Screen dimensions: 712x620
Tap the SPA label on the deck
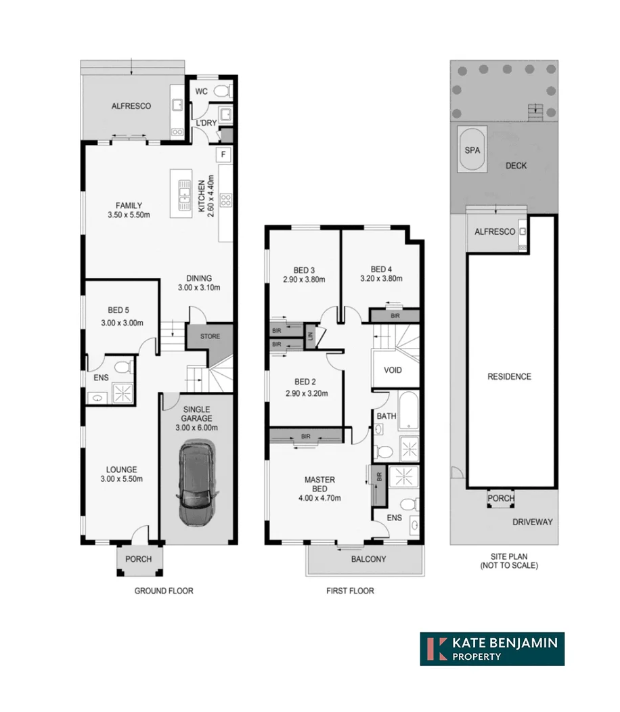point(472,150)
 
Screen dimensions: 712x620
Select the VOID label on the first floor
point(393,370)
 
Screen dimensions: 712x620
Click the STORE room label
point(209,336)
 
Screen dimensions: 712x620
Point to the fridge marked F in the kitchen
point(223,155)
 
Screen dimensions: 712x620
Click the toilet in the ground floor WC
point(222,91)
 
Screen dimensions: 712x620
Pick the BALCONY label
point(368,559)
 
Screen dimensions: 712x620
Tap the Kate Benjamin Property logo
point(492,648)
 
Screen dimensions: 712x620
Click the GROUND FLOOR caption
point(163,591)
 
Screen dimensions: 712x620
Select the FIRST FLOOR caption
point(350,591)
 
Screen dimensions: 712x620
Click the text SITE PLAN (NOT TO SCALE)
point(509,560)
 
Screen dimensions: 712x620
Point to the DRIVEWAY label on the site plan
point(533,522)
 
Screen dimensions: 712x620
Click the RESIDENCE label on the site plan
point(509,377)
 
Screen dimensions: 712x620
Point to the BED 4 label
point(381,267)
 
